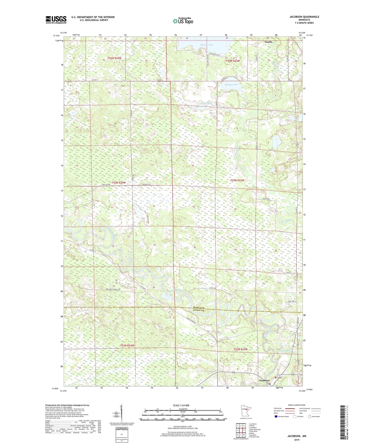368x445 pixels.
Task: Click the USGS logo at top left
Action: click(x=56, y=19)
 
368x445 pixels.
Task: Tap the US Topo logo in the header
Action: click(x=183, y=21)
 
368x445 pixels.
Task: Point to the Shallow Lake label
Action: click(x=207, y=45)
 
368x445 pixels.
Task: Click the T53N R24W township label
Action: click(x=119, y=183)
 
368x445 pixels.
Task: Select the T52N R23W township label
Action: click(x=241, y=349)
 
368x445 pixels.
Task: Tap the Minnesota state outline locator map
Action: click(x=246, y=410)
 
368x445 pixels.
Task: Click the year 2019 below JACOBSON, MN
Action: click(x=297, y=440)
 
